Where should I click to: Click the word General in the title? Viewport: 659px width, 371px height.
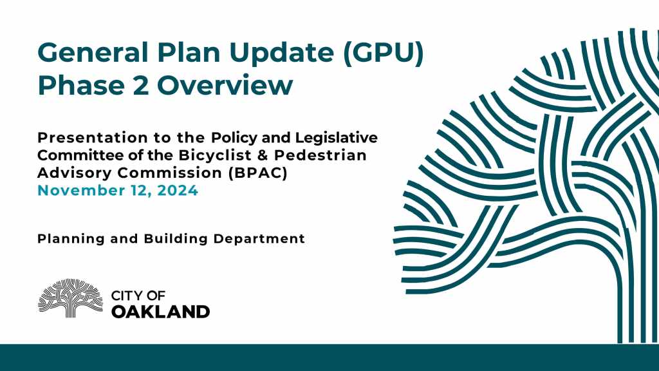93,53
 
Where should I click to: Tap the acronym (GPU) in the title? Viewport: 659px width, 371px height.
384,53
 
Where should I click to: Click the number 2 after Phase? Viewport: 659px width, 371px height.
141,86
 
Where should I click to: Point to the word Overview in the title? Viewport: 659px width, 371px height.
225,86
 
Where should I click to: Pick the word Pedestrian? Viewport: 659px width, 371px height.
320,155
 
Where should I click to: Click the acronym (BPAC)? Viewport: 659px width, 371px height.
258,173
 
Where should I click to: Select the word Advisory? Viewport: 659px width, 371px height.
75,173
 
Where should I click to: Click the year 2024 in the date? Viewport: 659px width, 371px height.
178,191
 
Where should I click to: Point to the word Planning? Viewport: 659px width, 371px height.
71,239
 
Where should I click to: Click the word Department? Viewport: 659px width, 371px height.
259,240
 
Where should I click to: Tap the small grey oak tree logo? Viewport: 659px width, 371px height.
70,298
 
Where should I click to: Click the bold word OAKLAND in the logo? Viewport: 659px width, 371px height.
160,312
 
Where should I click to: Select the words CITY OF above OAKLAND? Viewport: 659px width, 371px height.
138,296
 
